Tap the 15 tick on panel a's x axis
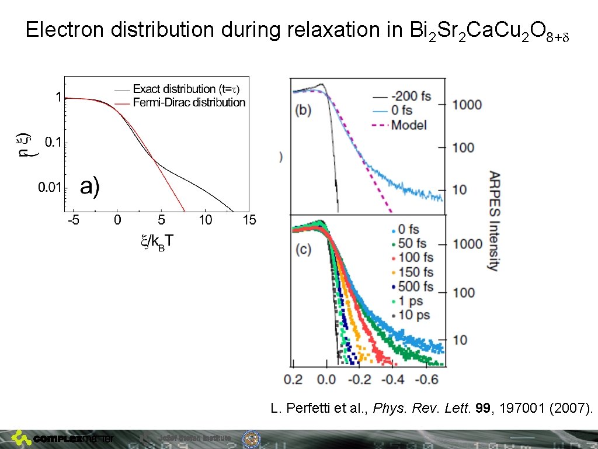(x=249, y=220)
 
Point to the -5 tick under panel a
(x=74, y=220)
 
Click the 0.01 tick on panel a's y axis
(x=50, y=188)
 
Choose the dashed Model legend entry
(x=409, y=125)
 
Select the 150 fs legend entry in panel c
(x=415, y=272)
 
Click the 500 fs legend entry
(x=415, y=286)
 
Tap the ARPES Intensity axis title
(x=494, y=221)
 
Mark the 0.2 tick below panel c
(x=293, y=380)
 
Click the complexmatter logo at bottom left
(x=64, y=438)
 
